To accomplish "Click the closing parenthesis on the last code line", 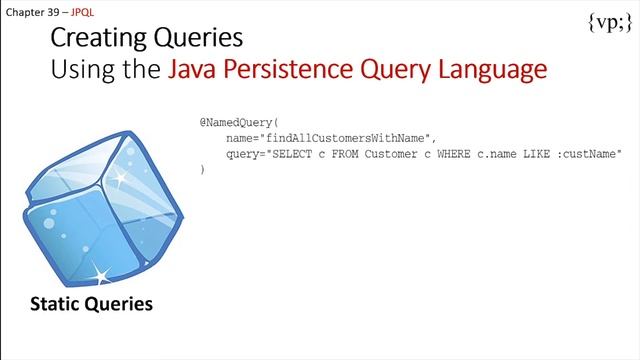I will click(x=202, y=170).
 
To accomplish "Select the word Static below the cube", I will click(x=56, y=304).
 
